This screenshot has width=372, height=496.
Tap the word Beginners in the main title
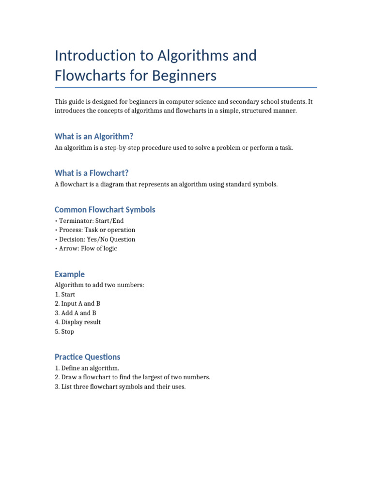point(185,76)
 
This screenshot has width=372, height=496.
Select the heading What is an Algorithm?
point(94,136)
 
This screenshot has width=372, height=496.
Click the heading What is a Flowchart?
point(92,173)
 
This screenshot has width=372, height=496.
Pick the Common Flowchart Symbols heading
point(105,210)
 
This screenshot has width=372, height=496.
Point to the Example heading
point(70,274)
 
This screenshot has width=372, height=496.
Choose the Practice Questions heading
point(88,357)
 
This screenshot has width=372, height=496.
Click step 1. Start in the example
point(65,294)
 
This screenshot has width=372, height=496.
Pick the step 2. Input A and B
point(77,304)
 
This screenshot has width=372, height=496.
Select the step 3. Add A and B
point(76,313)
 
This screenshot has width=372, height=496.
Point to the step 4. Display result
point(78,322)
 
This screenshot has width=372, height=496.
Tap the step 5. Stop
point(65,332)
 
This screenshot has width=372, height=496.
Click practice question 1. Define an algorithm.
point(87,368)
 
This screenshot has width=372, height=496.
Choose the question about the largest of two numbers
point(133,377)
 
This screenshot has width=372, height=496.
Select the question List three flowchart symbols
point(120,387)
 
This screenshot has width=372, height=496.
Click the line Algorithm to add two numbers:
point(99,285)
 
